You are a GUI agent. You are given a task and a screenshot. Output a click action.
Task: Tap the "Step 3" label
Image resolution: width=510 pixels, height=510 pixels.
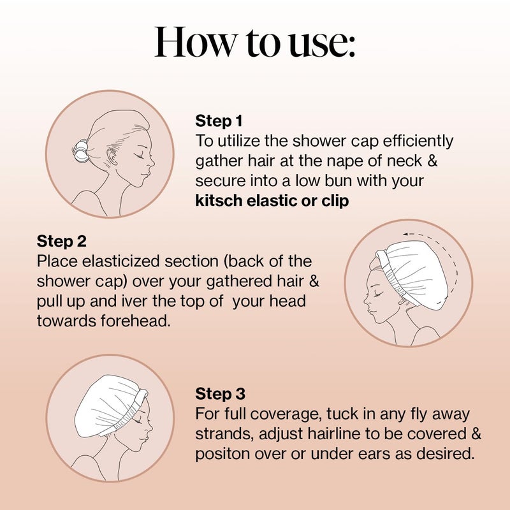(220, 393)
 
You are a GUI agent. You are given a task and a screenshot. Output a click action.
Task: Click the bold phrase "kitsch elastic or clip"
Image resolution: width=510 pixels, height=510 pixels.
(272, 201)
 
